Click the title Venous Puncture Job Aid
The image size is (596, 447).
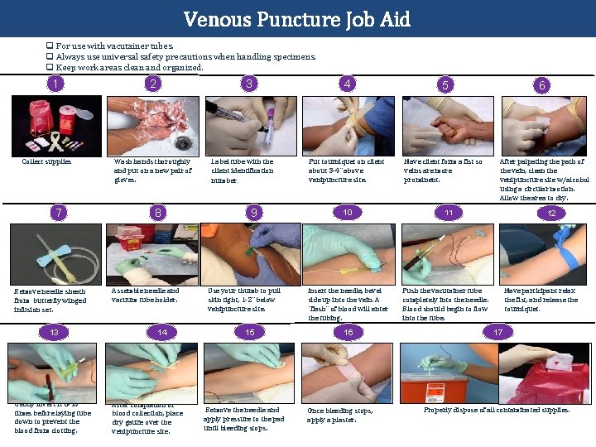297,18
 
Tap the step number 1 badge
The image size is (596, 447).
55,84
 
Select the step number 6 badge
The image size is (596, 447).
542,84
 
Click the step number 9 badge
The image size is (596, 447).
254,213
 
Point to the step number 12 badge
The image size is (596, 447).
551,213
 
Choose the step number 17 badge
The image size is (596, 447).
497,332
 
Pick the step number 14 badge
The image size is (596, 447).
162,332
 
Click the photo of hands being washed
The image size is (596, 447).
153,126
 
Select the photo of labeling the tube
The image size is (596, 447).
252,126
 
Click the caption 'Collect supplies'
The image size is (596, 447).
46,161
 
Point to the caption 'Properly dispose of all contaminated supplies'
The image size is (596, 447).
497,410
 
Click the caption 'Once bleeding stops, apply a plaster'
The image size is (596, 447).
340,415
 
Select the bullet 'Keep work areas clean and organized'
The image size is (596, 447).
129,67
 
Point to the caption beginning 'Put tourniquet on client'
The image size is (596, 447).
346,171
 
